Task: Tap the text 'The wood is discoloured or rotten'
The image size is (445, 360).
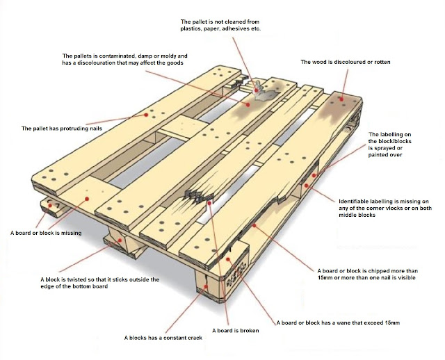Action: tap(345, 62)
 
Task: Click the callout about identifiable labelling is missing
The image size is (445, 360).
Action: tap(385, 206)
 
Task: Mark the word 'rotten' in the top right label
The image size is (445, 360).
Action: tap(380, 62)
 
